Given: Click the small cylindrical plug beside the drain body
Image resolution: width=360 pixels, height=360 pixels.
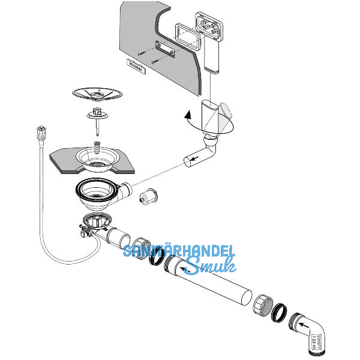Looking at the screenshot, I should (147, 196).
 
